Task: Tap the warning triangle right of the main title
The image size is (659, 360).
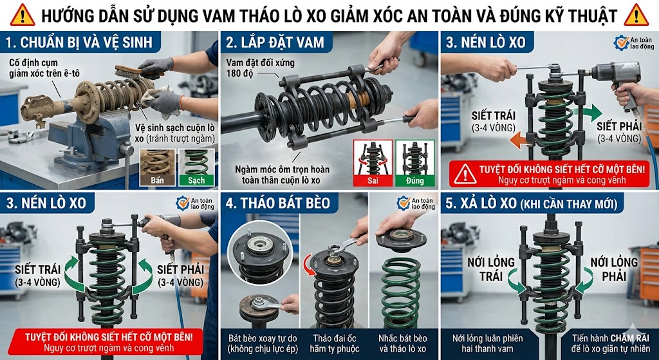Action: click(636, 14)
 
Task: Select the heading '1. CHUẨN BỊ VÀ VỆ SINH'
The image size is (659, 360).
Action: click(79, 44)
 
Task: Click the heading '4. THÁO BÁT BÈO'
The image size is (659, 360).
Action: click(278, 204)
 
